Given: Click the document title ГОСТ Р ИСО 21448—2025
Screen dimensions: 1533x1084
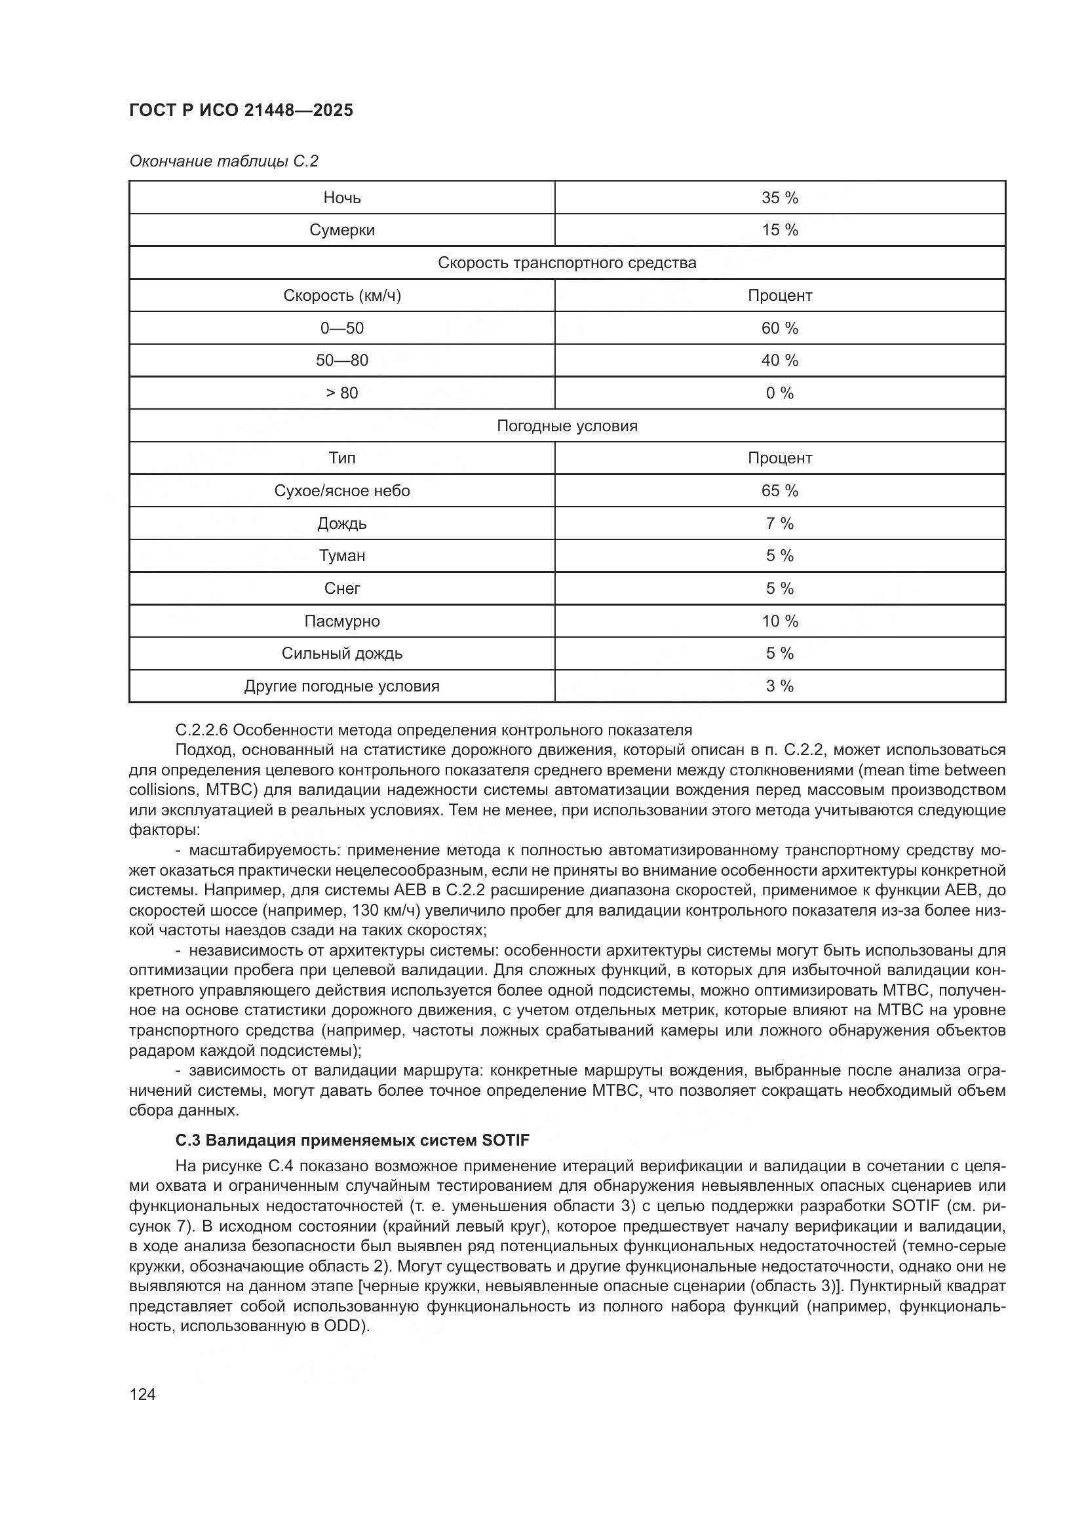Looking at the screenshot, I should pos(241,110).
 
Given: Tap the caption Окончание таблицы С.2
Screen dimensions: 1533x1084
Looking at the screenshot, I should pos(223,161).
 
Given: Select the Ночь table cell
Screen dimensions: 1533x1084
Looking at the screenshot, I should pos(341,198).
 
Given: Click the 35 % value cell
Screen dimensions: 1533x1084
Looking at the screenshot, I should pos(779,198).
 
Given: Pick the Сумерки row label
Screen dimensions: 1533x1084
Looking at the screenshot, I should pos(341,230).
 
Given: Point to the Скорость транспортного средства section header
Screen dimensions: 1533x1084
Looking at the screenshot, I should pos(567,263).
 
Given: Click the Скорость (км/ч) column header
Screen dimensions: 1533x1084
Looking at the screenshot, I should pos(341,296).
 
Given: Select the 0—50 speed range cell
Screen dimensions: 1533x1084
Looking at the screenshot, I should pos(341,328).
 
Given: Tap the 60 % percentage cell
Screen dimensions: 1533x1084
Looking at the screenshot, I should pos(779,328).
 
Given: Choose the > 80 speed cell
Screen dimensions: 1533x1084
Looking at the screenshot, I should pos(341,393).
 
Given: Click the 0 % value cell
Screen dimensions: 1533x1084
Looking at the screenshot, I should pos(779,393).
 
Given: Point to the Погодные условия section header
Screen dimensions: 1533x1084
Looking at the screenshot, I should pos(567,426).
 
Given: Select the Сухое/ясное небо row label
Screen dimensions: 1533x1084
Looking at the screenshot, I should pos(341,491).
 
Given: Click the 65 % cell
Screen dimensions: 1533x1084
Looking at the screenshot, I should pos(779,491).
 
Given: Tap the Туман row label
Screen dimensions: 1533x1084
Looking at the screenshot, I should pos(341,556).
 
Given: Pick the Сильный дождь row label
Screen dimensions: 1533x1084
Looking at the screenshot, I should pos(341,653).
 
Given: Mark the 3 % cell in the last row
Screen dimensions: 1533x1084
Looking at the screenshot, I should pos(779,686).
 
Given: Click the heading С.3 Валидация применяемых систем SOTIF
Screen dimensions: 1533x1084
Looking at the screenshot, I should pos(352,1140).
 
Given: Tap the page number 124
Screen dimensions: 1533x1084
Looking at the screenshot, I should pos(142,1394).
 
